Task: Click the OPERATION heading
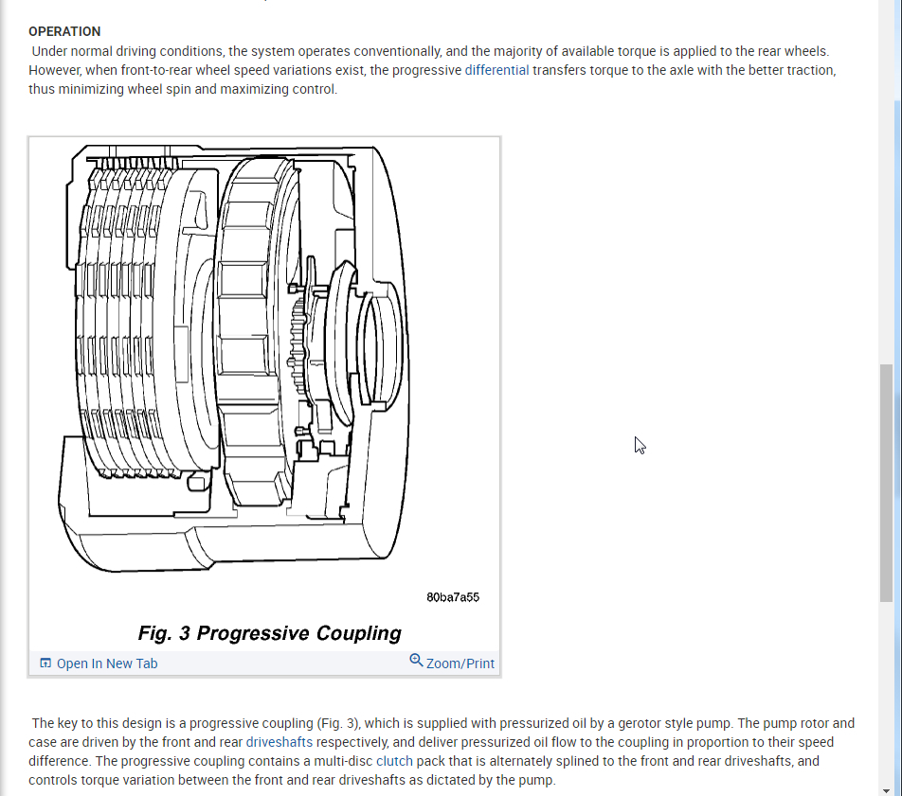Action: pos(64,31)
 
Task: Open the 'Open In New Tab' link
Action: pos(107,663)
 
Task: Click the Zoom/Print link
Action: pos(460,663)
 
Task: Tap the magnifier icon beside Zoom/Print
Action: pos(416,661)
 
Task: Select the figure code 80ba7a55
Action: pos(453,597)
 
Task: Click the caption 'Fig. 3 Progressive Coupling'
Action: pos(269,633)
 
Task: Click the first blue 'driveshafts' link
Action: pos(280,742)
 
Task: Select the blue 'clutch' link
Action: pos(394,761)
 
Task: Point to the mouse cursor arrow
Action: pos(639,444)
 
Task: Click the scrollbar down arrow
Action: pos(887,789)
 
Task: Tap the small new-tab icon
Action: pos(45,663)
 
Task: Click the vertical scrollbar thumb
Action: pos(887,483)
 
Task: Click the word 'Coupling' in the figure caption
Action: pos(358,633)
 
